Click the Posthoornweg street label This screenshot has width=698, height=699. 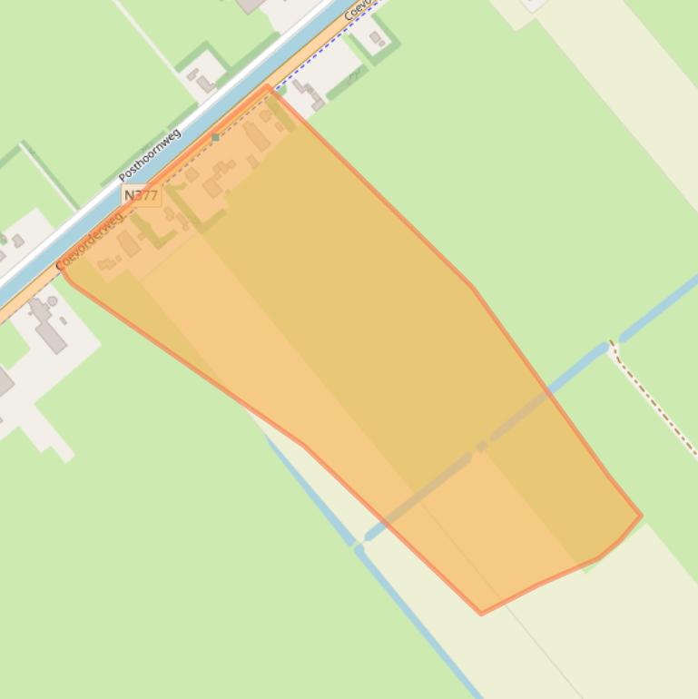(150, 155)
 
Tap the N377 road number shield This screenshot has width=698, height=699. (141, 195)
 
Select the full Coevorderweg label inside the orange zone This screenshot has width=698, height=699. (89, 241)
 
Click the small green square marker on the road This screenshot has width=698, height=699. (215, 138)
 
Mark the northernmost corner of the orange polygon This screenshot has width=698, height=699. (268, 86)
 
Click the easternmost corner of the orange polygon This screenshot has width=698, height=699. (641, 516)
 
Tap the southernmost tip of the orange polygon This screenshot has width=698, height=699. (481, 614)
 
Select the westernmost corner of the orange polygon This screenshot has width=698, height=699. (61, 270)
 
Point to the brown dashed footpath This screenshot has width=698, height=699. (654, 399)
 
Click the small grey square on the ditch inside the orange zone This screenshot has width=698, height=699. (481, 446)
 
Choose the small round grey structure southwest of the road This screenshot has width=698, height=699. (52, 301)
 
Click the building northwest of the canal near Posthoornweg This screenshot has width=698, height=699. (204, 83)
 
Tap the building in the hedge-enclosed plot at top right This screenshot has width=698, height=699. (376, 38)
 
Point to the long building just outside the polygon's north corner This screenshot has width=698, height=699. (309, 94)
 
